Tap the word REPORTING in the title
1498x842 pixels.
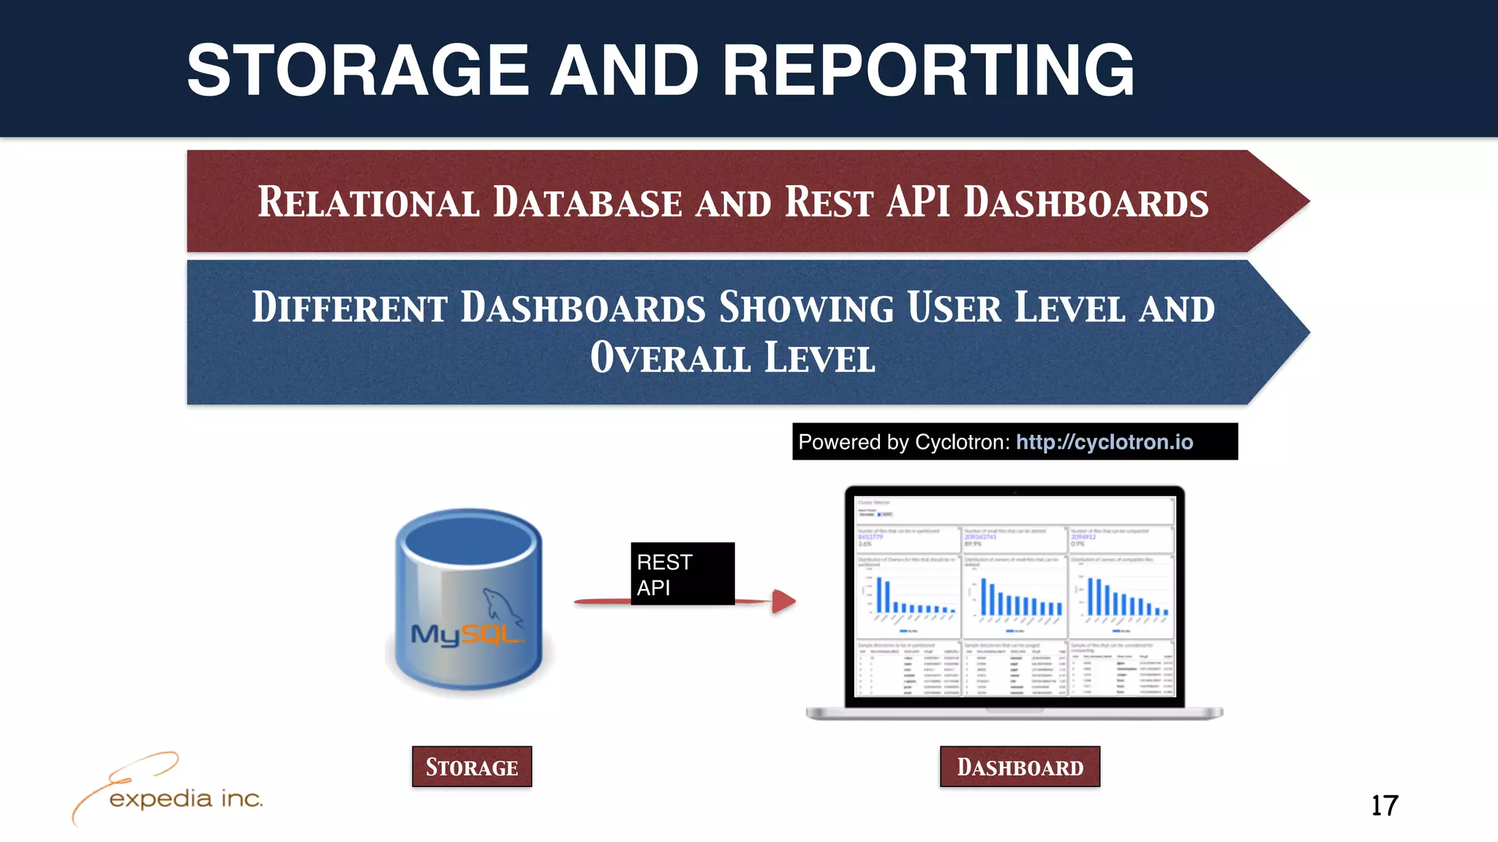pyautogui.click(x=928, y=71)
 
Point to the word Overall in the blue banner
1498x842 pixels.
pyautogui.click(x=671, y=357)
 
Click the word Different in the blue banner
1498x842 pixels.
pyautogui.click(x=350, y=307)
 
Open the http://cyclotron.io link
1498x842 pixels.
pyautogui.click(x=1104, y=442)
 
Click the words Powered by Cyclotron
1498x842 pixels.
pyautogui.click(x=903, y=442)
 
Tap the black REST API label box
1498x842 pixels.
pyautogui.click(x=682, y=574)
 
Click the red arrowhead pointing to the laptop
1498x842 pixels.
pyautogui.click(x=783, y=601)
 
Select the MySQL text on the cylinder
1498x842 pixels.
pyautogui.click(x=465, y=634)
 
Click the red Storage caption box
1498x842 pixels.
pyautogui.click(x=472, y=767)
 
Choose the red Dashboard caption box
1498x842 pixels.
pyautogui.click(x=1020, y=767)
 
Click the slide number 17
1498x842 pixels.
pyautogui.click(x=1384, y=805)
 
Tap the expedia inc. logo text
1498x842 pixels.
pyautogui.click(x=186, y=799)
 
